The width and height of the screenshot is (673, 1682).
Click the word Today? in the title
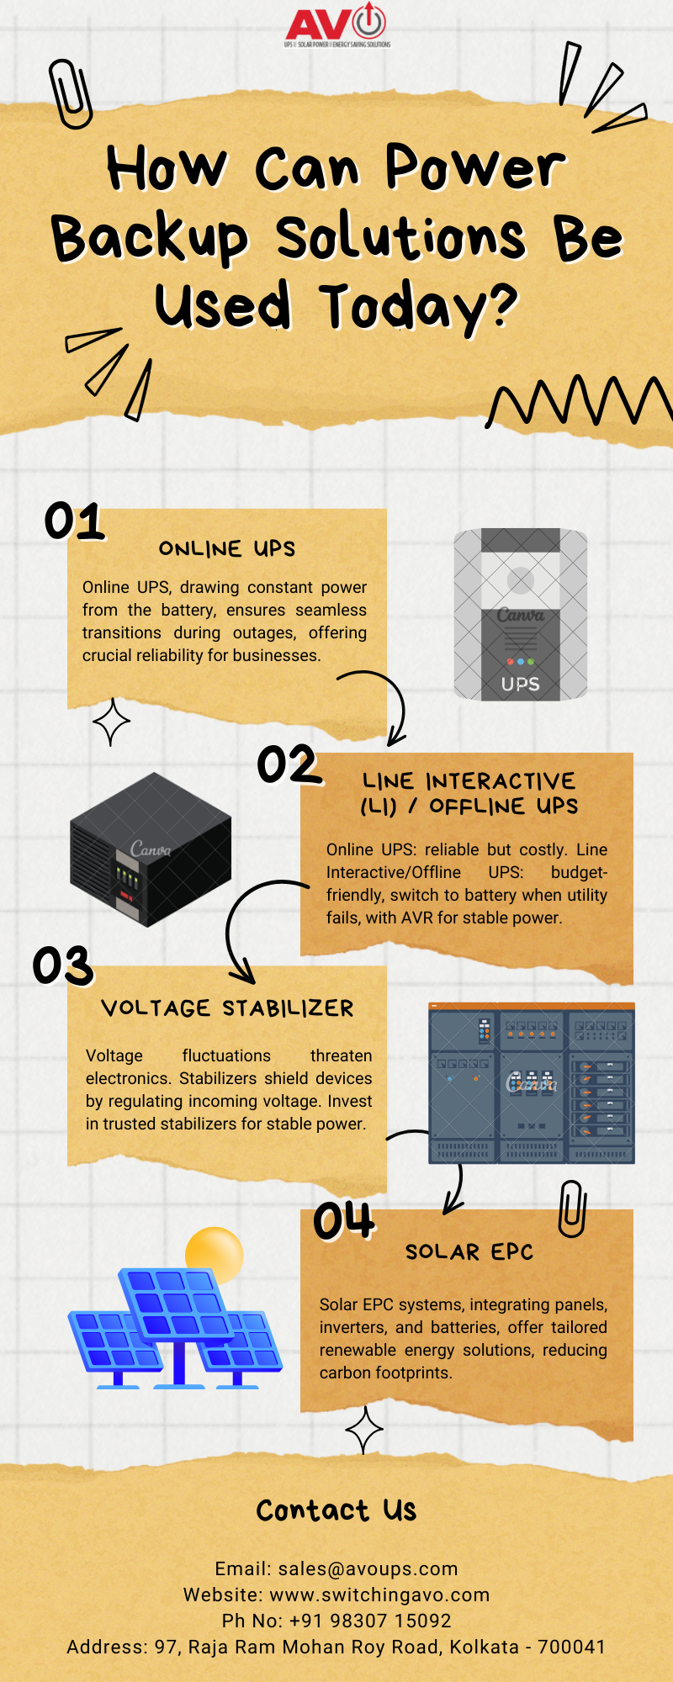click(419, 307)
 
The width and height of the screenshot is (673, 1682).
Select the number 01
click(75, 521)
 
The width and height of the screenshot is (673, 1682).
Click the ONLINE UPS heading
click(227, 549)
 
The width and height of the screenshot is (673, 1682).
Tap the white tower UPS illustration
click(521, 614)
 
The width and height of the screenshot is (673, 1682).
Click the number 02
click(289, 764)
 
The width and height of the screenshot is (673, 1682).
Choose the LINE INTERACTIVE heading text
click(469, 781)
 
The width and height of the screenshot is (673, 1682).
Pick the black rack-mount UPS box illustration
click(151, 849)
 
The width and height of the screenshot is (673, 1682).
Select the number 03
click(63, 965)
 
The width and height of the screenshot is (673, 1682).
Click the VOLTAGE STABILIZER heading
click(227, 1008)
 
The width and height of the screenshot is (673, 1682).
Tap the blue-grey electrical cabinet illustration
click(532, 1083)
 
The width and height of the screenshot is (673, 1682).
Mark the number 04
click(343, 1221)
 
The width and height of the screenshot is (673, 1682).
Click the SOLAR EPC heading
click(469, 1252)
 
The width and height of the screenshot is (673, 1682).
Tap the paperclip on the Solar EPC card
click(572, 1209)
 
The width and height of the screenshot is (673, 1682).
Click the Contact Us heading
click(336, 1510)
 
